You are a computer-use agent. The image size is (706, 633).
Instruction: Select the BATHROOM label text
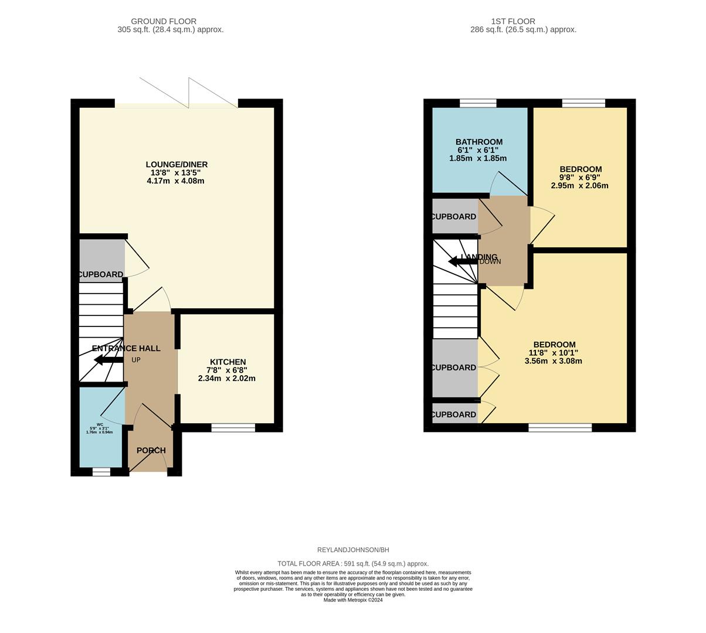[x=478, y=142]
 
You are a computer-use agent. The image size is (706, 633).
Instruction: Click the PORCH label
[x=151, y=450]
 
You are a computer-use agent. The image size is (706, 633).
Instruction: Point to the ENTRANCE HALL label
[x=126, y=348]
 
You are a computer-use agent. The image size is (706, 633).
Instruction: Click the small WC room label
[x=100, y=424]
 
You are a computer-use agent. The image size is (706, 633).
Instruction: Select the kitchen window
[x=233, y=428]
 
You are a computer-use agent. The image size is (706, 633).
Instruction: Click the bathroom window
[x=478, y=104]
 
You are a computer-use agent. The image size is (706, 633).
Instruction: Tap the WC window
[x=101, y=472]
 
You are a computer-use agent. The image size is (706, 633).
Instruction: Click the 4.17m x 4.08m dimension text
[x=176, y=181]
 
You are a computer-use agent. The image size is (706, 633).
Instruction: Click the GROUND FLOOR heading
[x=164, y=22]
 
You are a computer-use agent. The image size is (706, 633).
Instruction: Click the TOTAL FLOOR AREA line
[x=353, y=563]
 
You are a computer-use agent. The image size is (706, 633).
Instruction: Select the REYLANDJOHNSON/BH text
[x=353, y=550]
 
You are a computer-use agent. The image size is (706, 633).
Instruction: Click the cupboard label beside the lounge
[x=101, y=274]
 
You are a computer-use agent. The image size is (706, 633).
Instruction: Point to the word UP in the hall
[x=136, y=360]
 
